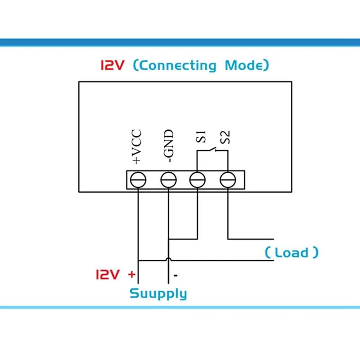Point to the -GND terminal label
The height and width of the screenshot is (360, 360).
(x=168, y=146)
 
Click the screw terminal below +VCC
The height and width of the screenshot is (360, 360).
(x=138, y=180)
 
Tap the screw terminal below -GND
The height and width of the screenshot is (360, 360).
(x=168, y=180)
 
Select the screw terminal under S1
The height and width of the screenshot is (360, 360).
(x=198, y=180)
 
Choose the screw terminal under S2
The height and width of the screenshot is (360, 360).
(x=228, y=180)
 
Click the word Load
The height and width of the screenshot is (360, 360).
(x=292, y=252)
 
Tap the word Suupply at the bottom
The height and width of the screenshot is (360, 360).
(x=158, y=294)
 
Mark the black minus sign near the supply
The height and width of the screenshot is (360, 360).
(x=176, y=274)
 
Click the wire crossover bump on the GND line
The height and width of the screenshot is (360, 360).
(x=168, y=259)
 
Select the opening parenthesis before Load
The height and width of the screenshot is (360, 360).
(x=268, y=252)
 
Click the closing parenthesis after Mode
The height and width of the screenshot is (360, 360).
(x=266, y=66)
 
